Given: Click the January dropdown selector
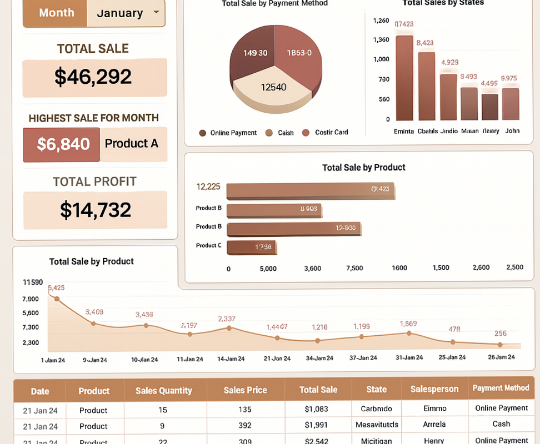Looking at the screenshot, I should click(127, 13).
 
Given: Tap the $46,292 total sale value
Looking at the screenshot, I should click(93, 77).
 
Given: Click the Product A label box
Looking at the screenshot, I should click(132, 144).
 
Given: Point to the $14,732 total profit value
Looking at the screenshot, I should click(95, 210).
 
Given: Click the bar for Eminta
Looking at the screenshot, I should click(404, 78).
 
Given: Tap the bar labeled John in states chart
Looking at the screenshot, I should click(510, 104).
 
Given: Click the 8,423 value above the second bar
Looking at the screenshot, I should click(425, 43).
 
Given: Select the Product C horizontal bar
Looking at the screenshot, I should click(252, 247).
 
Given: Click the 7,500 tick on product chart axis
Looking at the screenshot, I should click(354, 268).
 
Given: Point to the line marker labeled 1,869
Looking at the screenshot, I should click(409, 333).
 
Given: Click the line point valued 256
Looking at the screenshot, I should click(501, 345).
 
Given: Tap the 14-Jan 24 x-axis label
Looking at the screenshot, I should click(231, 359).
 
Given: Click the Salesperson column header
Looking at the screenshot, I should click(434, 390).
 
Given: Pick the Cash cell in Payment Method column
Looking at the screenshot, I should click(501, 424).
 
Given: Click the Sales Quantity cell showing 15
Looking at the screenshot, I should click(163, 410).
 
